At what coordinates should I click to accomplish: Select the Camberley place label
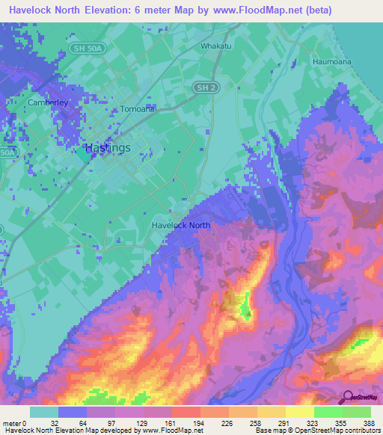[48, 102]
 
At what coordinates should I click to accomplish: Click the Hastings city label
[108, 148]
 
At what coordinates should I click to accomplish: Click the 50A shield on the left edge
[7, 152]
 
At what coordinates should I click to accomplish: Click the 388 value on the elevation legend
[370, 422]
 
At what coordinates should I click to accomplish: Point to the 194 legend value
[200, 422]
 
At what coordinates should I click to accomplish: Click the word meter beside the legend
[13, 422]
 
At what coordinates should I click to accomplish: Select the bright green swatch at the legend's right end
[357, 412]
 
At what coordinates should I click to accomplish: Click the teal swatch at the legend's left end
[44, 412]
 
